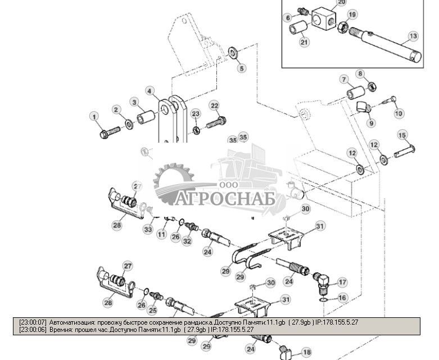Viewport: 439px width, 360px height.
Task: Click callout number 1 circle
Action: (94, 116)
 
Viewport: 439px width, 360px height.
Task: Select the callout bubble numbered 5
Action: (241, 69)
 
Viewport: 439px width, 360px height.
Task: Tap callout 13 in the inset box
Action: (413, 36)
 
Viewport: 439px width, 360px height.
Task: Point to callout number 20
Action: (342, 2)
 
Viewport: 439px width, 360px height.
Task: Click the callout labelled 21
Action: (304, 42)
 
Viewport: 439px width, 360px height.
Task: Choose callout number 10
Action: (399, 113)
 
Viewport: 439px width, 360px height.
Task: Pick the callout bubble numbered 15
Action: (402, 135)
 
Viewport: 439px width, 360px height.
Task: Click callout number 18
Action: (306, 352)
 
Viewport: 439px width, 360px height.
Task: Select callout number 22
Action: (214, 105)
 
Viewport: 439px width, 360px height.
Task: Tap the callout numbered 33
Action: (148, 229)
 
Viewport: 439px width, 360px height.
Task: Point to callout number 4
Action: (150, 90)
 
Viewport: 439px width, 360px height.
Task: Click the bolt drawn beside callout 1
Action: (111, 133)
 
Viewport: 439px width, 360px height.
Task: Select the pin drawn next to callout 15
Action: (404, 150)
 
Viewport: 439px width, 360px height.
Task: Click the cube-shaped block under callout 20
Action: (327, 20)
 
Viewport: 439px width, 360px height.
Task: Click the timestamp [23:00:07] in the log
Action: (33, 322)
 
